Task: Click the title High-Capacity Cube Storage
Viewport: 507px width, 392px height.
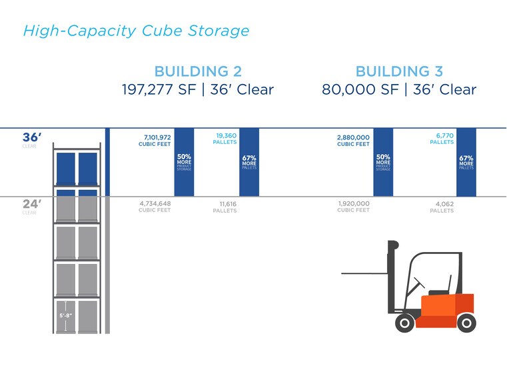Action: (x=136, y=31)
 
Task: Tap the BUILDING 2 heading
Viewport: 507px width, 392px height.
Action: (x=198, y=72)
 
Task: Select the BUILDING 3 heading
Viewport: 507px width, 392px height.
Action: (x=399, y=72)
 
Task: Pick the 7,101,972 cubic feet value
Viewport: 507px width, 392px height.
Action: (x=157, y=137)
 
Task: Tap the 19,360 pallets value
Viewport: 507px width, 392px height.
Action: (x=226, y=134)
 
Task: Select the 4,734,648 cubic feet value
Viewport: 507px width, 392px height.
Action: (x=155, y=203)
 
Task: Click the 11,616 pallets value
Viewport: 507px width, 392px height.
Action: (x=227, y=204)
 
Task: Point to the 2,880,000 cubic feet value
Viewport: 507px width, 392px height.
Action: (x=353, y=137)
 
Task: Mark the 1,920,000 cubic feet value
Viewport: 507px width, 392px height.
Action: (x=353, y=203)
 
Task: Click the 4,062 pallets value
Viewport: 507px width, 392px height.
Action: (x=444, y=204)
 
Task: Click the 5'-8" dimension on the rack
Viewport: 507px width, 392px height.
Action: (x=66, y=315)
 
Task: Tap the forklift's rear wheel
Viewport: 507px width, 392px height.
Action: (x=466, y=323)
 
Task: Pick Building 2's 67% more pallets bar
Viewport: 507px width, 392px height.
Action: (x=249, y=162)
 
